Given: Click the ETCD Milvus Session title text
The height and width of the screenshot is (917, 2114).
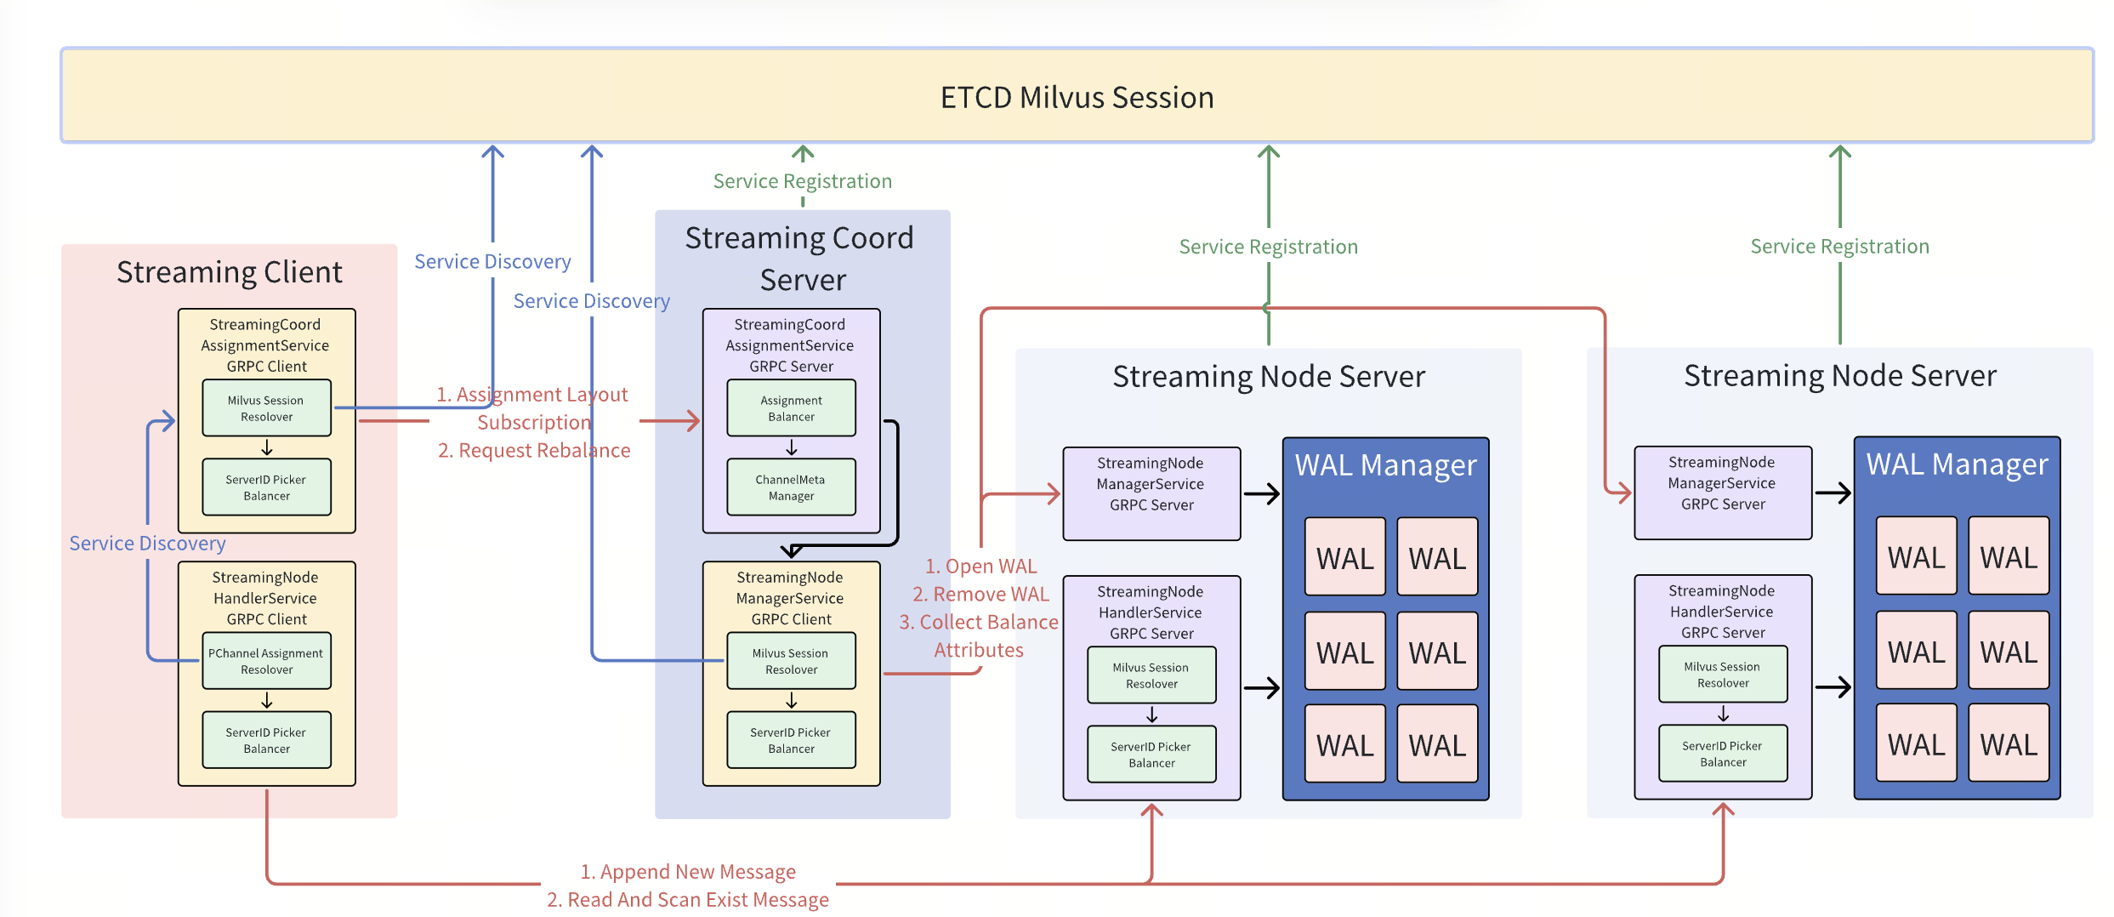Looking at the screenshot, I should point(1077,98).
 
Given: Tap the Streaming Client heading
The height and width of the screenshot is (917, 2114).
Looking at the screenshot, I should point(230,272).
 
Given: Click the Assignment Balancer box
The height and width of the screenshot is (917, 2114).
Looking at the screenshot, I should point(791,408).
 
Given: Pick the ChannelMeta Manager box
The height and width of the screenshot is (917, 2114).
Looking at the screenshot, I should point(791,487).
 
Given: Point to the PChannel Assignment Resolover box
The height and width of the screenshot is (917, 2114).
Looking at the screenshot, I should point(266,661).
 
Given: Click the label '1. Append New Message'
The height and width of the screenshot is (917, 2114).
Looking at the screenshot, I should point(688,872).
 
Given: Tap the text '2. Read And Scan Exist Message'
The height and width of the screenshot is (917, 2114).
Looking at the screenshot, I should point(688,900).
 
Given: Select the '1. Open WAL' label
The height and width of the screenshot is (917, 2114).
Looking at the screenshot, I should point(980,567).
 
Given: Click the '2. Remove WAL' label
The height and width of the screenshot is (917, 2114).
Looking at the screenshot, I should point(980,595).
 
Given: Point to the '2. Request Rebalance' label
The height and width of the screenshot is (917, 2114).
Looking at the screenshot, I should point(534,451).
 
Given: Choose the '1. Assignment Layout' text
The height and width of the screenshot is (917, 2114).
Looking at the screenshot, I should point(532,395).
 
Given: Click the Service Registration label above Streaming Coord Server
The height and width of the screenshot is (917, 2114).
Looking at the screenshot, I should point(802,181).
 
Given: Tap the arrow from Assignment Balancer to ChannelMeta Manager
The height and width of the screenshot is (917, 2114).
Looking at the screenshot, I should point(792,447).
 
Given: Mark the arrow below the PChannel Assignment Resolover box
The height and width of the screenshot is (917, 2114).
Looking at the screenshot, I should point(267,700).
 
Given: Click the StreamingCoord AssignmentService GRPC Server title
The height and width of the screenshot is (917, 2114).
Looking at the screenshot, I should point(790,345).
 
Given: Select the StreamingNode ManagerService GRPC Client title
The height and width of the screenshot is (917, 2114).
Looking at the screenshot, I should point(790,598).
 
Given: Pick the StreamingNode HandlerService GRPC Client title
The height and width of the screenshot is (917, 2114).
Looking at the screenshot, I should point(265,598).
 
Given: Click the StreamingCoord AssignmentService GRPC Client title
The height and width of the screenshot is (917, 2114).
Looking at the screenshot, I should point(265,345).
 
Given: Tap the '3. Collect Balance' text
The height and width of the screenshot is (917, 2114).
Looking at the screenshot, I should point(979,623).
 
